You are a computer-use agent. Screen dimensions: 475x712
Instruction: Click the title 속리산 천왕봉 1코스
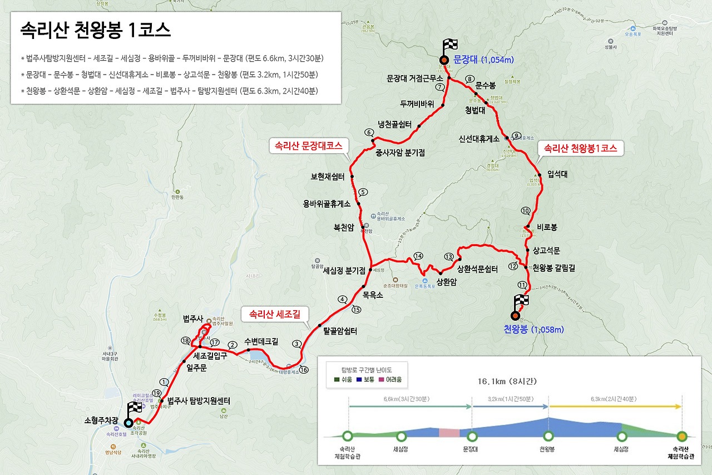95,29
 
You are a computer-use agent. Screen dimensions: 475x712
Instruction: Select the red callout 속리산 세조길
275,314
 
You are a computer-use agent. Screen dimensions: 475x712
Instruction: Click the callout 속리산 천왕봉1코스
580,149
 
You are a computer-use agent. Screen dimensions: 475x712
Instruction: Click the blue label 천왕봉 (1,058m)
537,329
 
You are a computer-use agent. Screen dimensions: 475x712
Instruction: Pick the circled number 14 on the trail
418,256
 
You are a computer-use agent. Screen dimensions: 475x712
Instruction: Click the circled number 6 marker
368,133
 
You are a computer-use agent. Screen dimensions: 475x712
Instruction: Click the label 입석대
557,174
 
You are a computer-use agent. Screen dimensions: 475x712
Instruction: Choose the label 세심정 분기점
344,271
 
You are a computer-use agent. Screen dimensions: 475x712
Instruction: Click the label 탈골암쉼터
340,331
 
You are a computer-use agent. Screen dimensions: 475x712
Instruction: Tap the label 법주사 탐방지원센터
199,400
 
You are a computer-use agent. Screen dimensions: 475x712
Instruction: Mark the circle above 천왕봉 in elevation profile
548,436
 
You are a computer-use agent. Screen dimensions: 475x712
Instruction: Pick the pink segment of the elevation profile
449,433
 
